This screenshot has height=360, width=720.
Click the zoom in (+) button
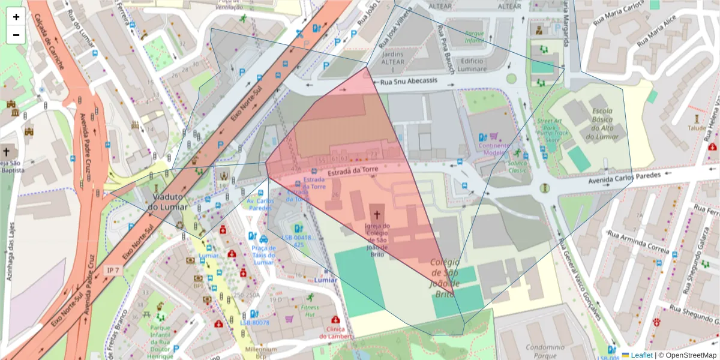(16, 17)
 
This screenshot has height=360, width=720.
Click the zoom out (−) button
(16, 35)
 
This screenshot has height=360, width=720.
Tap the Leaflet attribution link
(637, 355)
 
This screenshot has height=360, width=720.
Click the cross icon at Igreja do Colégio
(377, 213)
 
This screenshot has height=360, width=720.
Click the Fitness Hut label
(310, 310)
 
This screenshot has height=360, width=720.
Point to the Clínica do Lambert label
(334, 332)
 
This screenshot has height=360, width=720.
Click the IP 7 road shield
(112, 271)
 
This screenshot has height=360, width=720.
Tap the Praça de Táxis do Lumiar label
(263, 254)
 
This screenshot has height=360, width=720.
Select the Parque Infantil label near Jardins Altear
(474, 37)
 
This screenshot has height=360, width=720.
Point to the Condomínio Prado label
(545, 350)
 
